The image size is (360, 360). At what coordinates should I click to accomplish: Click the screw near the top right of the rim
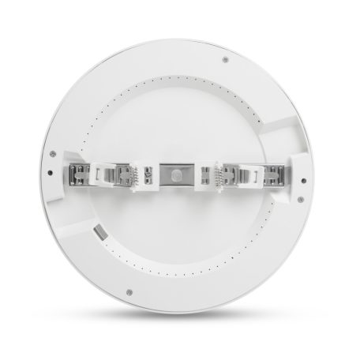226,60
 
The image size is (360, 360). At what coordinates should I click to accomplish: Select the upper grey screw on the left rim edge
51,154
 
